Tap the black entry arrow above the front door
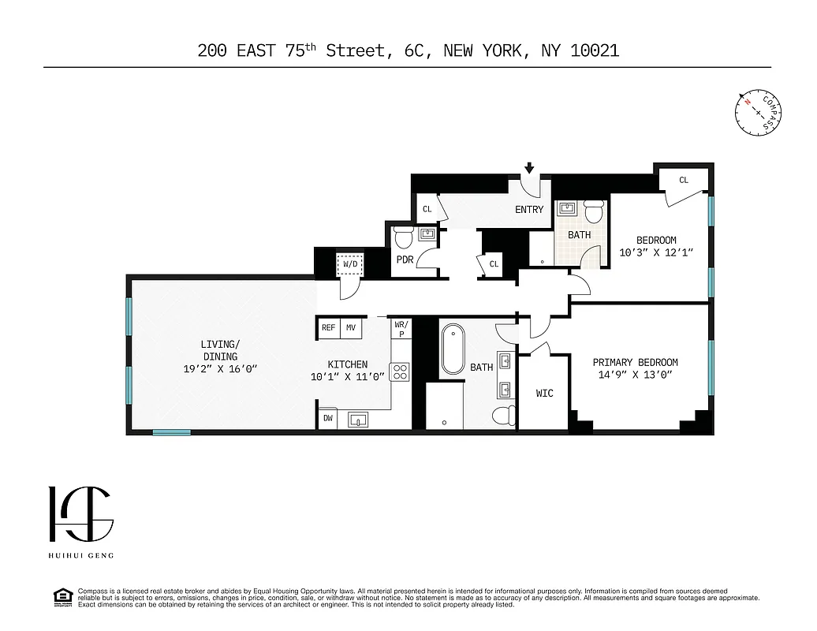pyautogui.click(x=529, y=168)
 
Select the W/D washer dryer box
pyautogui.click(x=349, y=265)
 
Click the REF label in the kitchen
pyautogui.click(x=328, y=327)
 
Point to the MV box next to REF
pyautogui.click(x=351, y=327)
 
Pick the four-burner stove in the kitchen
pyautogui.click(x=400, y=372)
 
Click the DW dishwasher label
pyautogui.click(x=327, y=420)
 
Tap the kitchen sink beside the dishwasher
pyautogui.click(x=358, y=420)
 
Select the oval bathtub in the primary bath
pyautogui.click(x=453, y=349)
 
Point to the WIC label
pyautogui.click(x=544, y=393)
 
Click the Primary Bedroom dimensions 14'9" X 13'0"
pyautogui.click(x=635, y=375)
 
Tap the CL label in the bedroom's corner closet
pyautogui.click(x=683, y=180)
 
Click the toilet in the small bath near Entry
pyautogui.click(x=594, y=211)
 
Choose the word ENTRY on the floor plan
pyautogui.click(x=529, y=210)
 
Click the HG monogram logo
pyautogui.click(x=80, y=515)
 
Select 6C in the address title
pyautogui.click(x=413, y=51)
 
